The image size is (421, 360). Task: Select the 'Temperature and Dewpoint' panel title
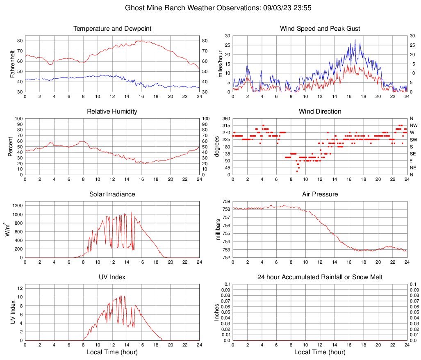(112, 29)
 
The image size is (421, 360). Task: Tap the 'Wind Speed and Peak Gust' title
(320, 29)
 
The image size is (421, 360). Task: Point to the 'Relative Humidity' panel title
(112, 112)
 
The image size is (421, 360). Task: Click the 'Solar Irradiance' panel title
(112, 194)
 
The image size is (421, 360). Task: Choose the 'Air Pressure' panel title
(320, 194)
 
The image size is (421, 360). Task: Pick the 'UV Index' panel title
(112, 277)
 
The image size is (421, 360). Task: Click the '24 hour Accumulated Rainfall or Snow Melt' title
(320, 277)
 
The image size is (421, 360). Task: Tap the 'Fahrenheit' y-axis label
(12, 64)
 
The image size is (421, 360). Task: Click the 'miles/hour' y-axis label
(220, 64)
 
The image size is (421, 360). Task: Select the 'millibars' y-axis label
(218, 229)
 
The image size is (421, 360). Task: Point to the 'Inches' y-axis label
(217, 312)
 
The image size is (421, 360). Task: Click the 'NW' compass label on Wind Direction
(414, 125)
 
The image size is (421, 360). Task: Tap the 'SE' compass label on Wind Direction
(413, 154)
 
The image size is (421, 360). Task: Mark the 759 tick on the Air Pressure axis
(226, 201)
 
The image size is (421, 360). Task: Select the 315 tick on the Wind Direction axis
(225, 125)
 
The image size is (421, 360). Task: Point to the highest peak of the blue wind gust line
(355, 40)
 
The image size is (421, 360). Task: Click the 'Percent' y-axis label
(10, 146)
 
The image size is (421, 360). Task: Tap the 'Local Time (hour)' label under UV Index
(112, 352)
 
